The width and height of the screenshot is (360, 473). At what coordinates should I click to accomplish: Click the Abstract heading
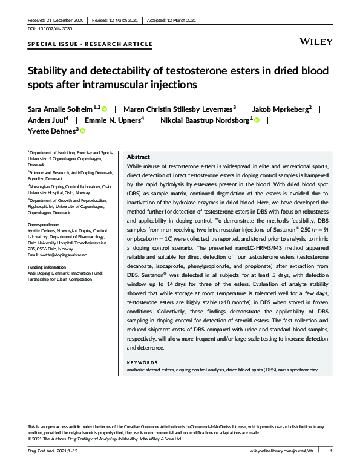coord(139,156)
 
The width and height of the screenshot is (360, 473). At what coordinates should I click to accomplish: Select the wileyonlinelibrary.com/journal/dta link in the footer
coord(284,452)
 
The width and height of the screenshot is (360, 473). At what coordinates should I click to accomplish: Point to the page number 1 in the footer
coord(331,452)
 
